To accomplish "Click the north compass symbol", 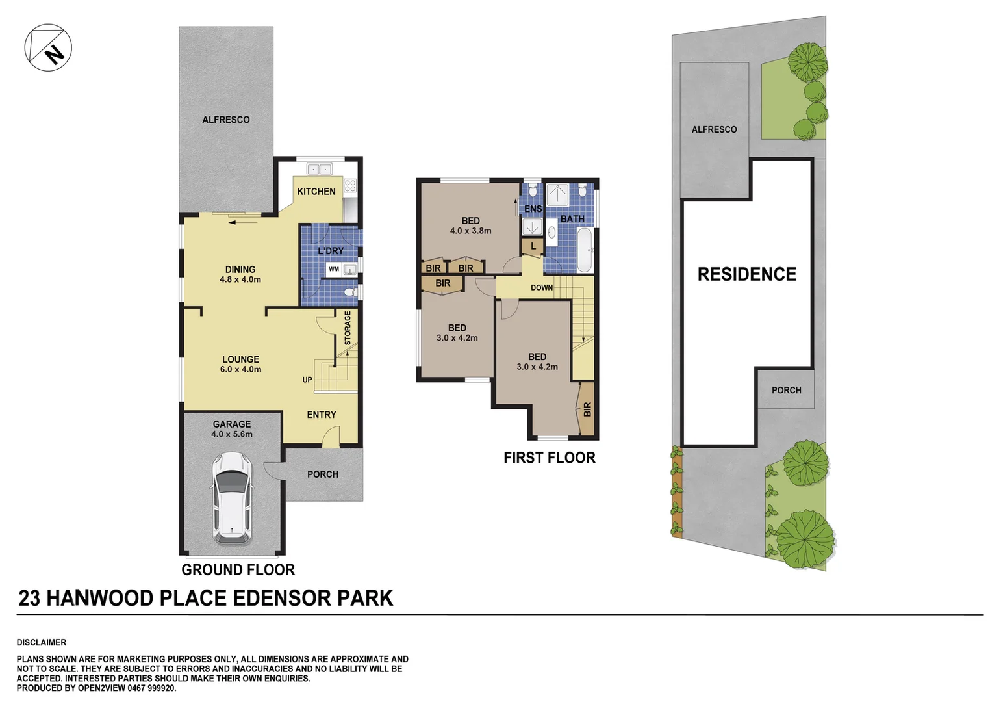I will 48,47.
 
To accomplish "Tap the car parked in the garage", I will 232,498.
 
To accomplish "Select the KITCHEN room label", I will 316,192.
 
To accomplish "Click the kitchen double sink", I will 318,170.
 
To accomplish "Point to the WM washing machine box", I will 333,269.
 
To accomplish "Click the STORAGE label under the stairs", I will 348,328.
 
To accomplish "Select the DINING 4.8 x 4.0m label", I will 240,274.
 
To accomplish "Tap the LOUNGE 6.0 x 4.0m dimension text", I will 240,369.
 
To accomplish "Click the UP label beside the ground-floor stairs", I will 307,380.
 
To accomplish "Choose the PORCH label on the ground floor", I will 323,474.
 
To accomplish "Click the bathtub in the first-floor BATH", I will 584,250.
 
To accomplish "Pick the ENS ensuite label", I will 533,209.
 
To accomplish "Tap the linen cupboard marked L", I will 533,246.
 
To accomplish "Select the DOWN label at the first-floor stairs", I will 542,288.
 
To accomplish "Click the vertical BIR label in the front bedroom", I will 587,409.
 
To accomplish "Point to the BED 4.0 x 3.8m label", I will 470,226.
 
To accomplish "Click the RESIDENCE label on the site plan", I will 746,274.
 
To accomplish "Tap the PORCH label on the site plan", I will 786,390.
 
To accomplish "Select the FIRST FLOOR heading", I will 549,458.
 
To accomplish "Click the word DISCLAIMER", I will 42,642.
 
